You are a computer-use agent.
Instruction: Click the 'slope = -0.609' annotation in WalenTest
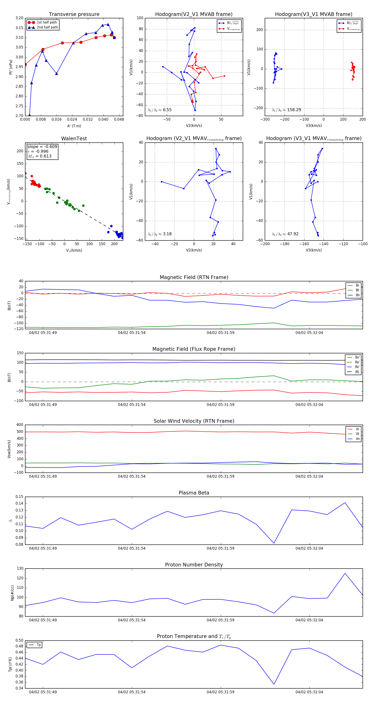point(42,147)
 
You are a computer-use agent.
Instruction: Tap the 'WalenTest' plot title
point(74,139)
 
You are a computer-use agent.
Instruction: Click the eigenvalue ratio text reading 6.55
point(160,110)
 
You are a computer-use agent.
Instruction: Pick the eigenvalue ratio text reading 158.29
point(286,110)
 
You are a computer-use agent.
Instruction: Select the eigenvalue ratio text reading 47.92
point(285,234)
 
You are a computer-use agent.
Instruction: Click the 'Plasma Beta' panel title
point(194,493)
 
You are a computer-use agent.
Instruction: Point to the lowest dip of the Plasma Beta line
point(274,543)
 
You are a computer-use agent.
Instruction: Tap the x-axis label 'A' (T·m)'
point(74,126)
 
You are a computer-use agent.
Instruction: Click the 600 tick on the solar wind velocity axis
point(20,425)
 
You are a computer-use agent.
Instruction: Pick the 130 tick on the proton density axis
point(20,569)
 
